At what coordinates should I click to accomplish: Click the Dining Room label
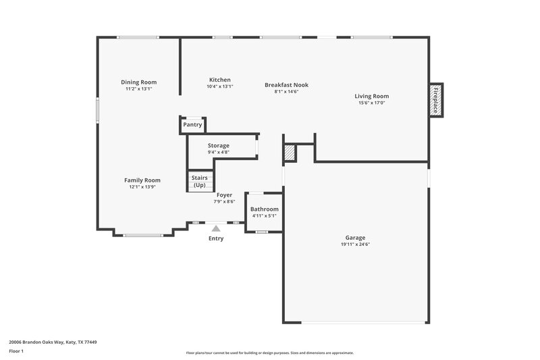coord(139,82)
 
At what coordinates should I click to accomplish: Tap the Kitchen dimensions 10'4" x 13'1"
coord(219,86)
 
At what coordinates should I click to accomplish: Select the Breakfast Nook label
coord(286,84)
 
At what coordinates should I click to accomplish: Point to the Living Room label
coord(371,96)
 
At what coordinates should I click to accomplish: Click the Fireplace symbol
coord(436,100)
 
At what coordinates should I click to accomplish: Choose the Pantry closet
coord(192,125)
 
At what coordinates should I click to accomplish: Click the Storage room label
coord(218,145)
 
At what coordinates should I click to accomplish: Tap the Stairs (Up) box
coord(200,182)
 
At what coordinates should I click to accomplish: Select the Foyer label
coord(224,195)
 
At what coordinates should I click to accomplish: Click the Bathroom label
coord(265,209)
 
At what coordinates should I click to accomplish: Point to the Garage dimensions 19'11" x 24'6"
coord(355,245)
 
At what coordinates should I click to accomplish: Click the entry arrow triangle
coord(215,229)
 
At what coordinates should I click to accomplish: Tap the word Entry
coord(216,238)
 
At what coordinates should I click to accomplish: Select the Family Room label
coord(142,180)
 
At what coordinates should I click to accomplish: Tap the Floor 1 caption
coord(16,351)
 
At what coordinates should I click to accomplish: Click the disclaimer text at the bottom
coord(269,353)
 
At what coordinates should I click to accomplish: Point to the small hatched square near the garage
coord(290,153)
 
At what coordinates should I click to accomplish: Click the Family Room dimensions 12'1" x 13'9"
coord(142,187)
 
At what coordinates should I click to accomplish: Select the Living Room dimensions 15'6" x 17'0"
coord(371,103)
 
